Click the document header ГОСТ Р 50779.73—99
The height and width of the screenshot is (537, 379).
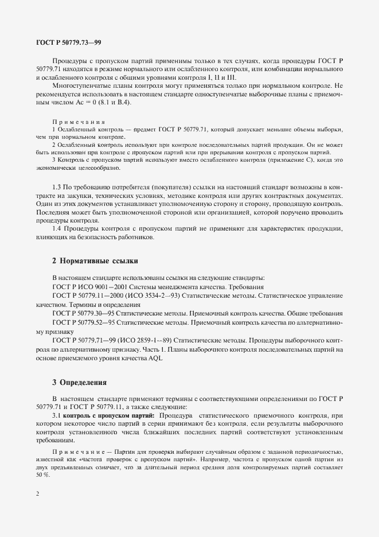click(x=69, y=42)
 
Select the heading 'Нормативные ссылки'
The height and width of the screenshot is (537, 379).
click(x=95, y=261)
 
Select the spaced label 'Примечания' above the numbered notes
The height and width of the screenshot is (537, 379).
click(x=78, y=122)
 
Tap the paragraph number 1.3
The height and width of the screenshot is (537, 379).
click(x=57, y=188)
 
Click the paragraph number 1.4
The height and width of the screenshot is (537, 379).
click(x=57, y=229)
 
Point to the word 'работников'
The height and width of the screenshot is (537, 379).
click(x=136, y=238)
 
